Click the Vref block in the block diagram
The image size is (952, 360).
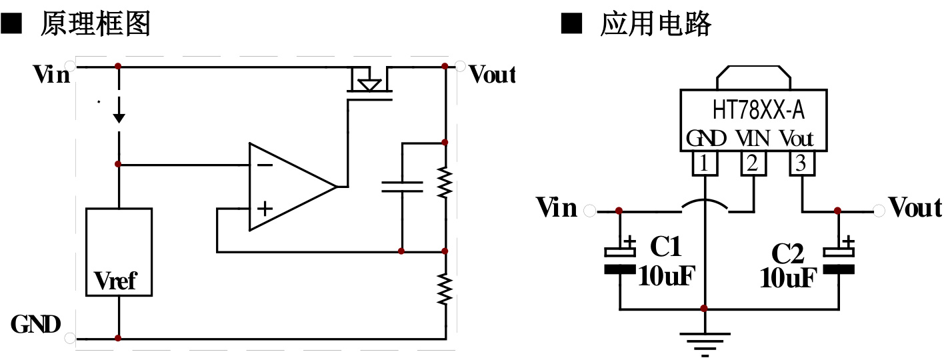click(x=119, y=252)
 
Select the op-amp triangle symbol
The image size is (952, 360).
click(x=287, y=187)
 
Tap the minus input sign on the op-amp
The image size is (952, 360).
click(x=265, y=165)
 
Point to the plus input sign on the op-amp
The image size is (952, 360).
click(x=265, y=209)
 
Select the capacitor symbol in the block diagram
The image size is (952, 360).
click(x=402, y=186)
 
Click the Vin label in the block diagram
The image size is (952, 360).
click(x=51, y=74)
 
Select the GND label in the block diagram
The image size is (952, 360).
click(x=36, y=325)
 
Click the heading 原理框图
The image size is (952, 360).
click(x=95, y=25)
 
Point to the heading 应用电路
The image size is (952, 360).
click(x=656, y=25)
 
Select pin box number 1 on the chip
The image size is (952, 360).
click(x=705, y=163)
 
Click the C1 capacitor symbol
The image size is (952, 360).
click(x=619, y=260)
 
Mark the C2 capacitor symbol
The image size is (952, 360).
click(x=838, y=260)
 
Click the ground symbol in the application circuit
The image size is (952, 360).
click(x=705, y=341)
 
